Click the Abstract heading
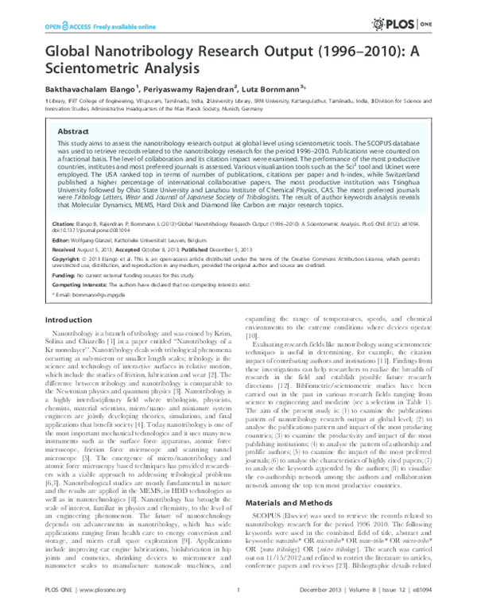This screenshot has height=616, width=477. point(75,132)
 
